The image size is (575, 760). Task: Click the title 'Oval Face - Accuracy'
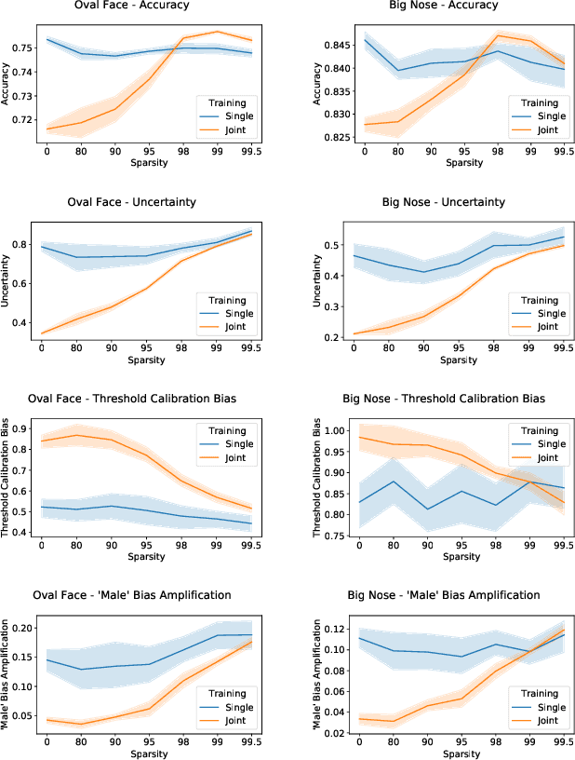tap(143, 6)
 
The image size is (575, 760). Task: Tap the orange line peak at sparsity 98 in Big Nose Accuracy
tap(498, 35)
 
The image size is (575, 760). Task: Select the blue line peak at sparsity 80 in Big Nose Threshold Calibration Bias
tap(396, 482)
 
